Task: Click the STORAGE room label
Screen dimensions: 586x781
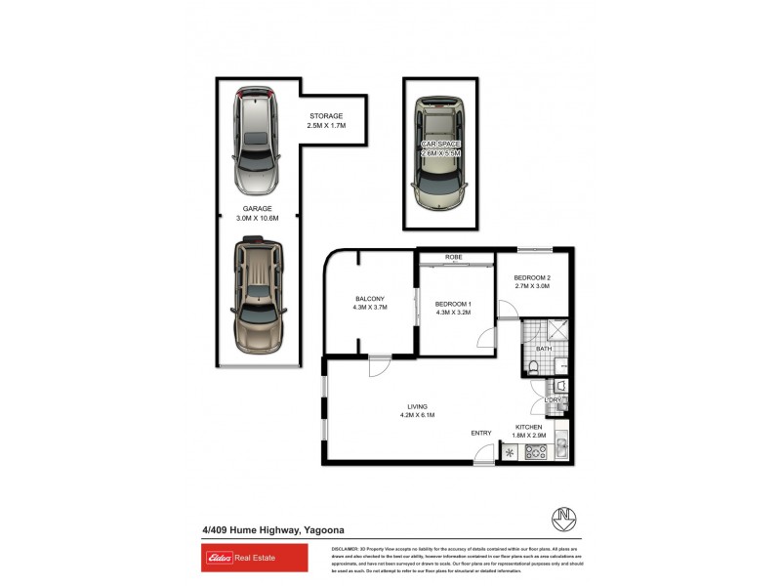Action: click(326, 116)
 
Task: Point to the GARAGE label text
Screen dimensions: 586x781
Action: click(258, 208)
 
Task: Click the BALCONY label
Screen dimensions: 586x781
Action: click(370, 298)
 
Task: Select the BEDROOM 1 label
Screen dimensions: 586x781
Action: click(453, 304)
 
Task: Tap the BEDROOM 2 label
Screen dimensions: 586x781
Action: click(532, 278)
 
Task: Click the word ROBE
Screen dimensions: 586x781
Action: click(453, 257)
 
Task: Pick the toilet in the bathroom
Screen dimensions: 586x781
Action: click(536, 366)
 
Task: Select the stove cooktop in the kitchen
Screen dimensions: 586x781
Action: click(536, 452)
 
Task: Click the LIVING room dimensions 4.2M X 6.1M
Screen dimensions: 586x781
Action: click(418, 415)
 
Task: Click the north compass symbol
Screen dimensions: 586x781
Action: click(562, 515)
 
